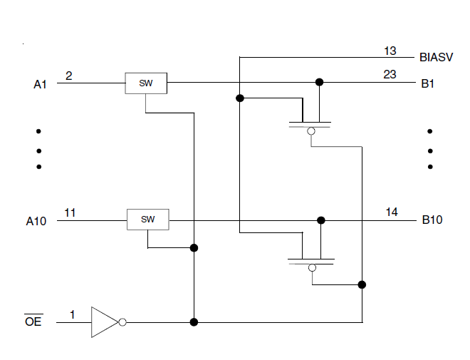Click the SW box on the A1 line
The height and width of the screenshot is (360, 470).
[146, 83]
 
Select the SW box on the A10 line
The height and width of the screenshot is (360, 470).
[147, 220]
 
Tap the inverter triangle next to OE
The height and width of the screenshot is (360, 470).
[104, 322]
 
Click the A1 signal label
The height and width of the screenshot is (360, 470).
[41, 84]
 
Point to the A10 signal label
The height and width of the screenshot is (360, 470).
[36, 221]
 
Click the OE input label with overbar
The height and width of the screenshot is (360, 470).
[33, 322]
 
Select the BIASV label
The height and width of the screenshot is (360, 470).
[435, 57]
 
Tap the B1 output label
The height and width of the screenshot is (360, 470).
[428, 83]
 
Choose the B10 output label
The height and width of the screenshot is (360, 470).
[432, 220]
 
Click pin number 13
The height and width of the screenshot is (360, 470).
[390, 51]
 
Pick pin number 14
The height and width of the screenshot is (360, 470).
[392, 212]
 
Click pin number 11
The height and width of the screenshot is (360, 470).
[70, 212]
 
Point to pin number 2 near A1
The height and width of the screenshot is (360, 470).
[68, 75]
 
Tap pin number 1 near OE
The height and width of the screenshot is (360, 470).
[72, 314]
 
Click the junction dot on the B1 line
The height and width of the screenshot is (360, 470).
[319, 83]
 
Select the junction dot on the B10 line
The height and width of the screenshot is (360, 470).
[321, 220]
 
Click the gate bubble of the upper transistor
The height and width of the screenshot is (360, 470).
[310, 132]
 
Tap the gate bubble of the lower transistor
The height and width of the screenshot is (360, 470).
[311, 268]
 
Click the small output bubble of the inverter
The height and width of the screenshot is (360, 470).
[122, 322]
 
